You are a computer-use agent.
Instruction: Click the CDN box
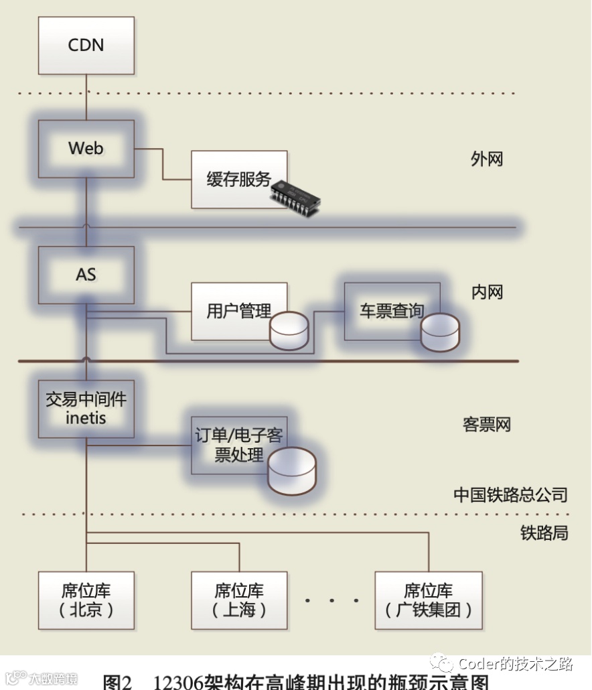point(86,45)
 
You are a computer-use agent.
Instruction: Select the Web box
point(86,148)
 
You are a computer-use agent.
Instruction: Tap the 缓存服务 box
point(239,179)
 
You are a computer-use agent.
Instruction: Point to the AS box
point(86,274)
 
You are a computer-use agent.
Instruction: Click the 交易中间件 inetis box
point(86,408)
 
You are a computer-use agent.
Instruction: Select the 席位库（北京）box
point(86,600)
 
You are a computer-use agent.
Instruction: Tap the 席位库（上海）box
point(239,600)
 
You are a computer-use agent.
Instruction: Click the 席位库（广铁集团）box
point(428,600)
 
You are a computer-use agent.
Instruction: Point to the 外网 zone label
point(487,159)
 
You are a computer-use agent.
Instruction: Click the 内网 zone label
point(487,292)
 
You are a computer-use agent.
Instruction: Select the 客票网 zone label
point(487,425)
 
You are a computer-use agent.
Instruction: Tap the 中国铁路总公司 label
point(510,495)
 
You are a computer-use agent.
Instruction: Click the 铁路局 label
point(544,533)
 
